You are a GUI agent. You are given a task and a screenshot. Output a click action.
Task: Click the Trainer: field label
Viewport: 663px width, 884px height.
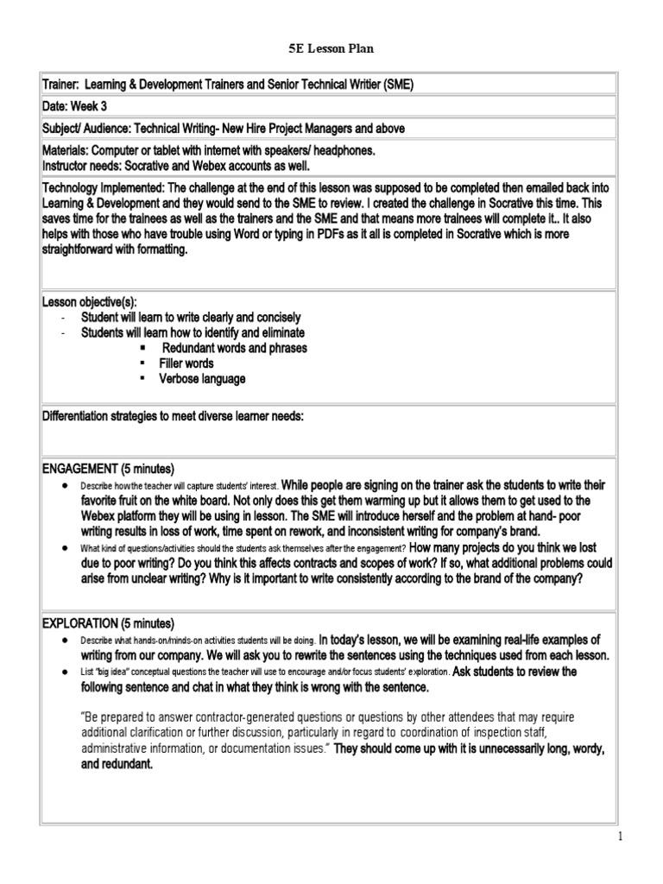[x=65, y=84]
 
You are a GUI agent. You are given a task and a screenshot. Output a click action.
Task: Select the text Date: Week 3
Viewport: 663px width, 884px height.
[x=81, y=106]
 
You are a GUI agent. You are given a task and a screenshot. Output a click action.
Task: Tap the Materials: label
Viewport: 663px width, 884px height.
[x=70, y=150]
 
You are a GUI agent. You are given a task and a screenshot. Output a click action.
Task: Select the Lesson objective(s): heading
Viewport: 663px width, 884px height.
[x=90, y=300]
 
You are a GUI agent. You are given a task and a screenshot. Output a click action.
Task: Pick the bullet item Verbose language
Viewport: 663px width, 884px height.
[x=202, y=379]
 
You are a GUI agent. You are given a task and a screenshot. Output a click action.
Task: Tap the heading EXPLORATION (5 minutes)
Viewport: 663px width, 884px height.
[x=108, y=623]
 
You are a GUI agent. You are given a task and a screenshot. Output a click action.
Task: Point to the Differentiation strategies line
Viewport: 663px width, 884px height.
[x=174, y=417]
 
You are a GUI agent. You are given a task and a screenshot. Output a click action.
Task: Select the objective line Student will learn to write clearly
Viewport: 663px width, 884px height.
[x=191, y=317]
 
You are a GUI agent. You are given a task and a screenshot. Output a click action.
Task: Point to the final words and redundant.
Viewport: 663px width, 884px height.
[x=115, y=764]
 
